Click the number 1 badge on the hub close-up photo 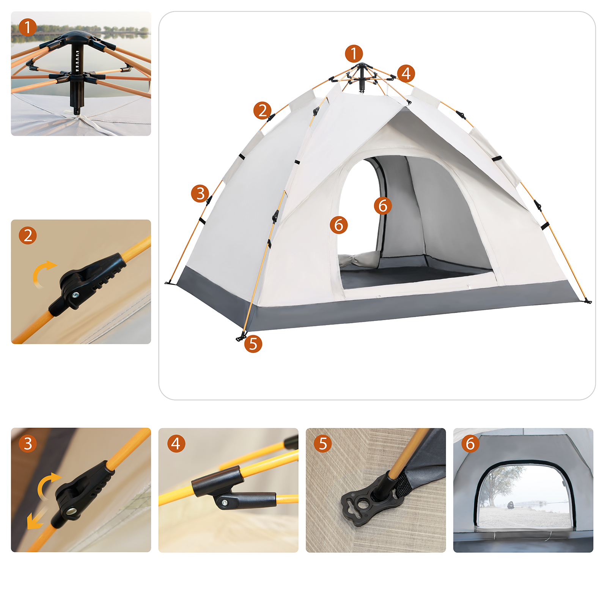(x=28, y=27)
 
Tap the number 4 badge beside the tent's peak (x=406, y=73)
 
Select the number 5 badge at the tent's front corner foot (x=253, y=344)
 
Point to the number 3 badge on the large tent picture (x=200, y=193)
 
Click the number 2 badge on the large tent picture (x=263, y=110)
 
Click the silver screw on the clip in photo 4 (x=225, y=503)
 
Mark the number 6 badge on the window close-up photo (x=470, y=443)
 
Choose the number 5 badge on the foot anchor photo (x=323, y=443)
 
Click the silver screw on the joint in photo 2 (x=75, y=295)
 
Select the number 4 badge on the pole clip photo (x=176, y=443)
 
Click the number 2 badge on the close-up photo (x=28, y=235)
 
